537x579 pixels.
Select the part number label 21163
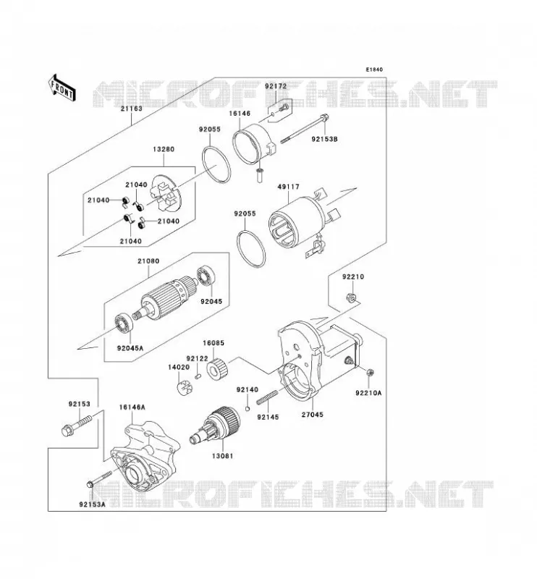[x=131, y=109]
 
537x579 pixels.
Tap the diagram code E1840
[x=374, y=69]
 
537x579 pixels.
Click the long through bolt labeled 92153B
[x=305, y=129]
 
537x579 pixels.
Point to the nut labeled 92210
[x=351, y=297]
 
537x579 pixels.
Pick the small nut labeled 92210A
[x=369, y=372]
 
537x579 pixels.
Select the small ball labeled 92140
[x=248, y=408]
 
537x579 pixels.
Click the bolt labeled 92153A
[x=99, y=478]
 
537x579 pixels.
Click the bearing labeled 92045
[x=204, y=276]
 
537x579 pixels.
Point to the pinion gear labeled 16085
[x=218, y=369]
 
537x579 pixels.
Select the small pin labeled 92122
[x=198, y=376]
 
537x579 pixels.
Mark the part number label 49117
[x=289, y=187]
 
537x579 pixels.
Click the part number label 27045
[x=313, y=414]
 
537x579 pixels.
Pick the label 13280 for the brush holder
[x=164, y=149]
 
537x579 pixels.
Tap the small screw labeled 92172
[x=284, y=108]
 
